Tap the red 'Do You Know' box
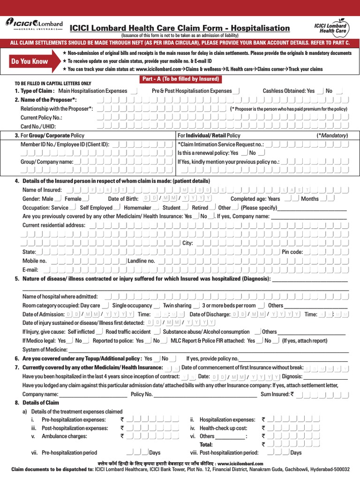coord(30,61)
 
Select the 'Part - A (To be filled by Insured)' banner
coord(180,79)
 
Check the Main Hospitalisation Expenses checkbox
coord(134,91)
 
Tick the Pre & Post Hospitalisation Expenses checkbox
coord(237,91)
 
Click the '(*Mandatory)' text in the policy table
coord(332,135)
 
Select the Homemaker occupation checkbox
coord(156,207)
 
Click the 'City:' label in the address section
coord(187,243)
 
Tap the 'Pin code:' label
coord(292,252)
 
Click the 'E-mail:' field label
coord(30,270)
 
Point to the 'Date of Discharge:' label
coord(209,314)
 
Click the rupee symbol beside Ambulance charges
coord(122,436)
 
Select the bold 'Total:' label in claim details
coord(206,444)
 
